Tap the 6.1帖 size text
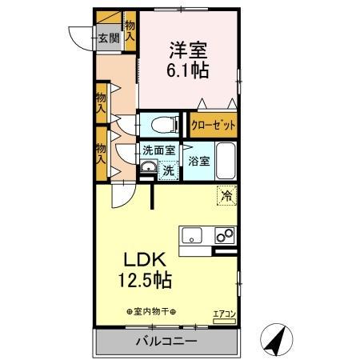189,71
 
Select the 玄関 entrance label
108,37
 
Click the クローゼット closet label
213,126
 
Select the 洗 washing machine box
168,170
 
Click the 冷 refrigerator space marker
226,194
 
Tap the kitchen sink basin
193,236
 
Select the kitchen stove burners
223,236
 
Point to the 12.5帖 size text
145,282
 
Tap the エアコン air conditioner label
224,314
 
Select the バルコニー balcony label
168,341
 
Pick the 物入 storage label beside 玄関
130,31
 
